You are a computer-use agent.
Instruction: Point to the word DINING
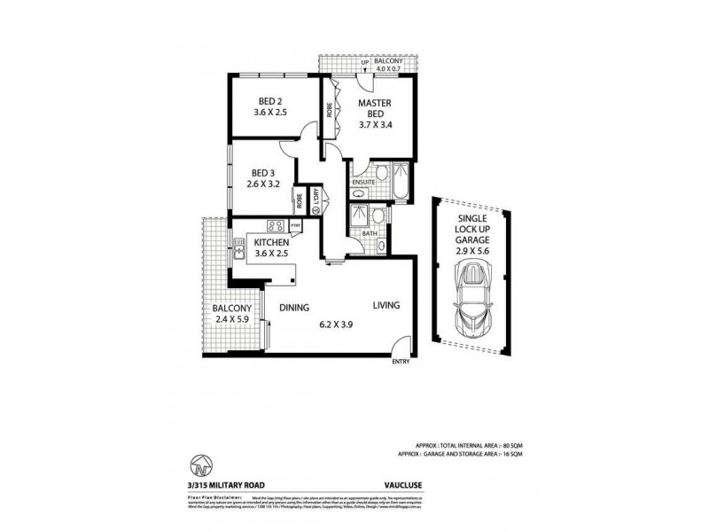[294, 308]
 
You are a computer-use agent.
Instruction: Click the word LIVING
[386, 305]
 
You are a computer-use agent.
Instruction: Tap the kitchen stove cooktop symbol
[275, 225]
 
